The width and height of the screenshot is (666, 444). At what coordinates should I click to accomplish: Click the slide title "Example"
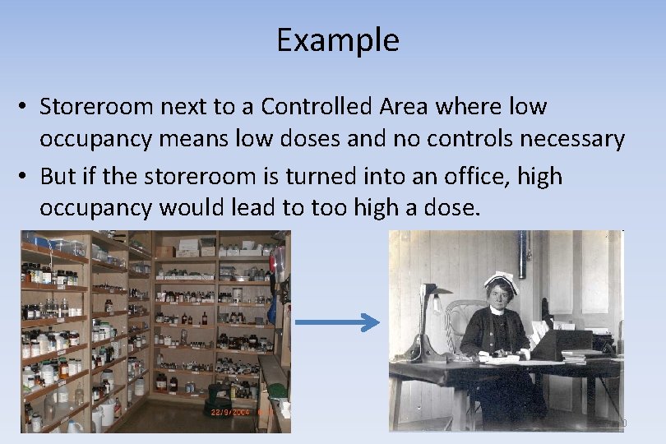[x=337, y=39]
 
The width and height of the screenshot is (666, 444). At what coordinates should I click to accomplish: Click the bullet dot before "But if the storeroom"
[x=26, y=176]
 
